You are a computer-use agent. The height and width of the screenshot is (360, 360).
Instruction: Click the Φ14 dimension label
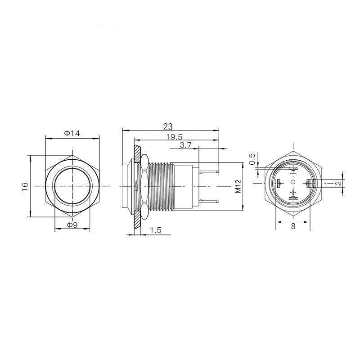point(72,133)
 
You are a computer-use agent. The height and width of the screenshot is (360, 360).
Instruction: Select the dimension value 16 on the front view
point(25,185)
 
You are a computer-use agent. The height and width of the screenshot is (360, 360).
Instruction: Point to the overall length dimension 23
point(168,126)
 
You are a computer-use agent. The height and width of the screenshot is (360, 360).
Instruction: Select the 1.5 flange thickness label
point(155,230)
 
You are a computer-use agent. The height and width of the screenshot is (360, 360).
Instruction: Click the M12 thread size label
point(239,186)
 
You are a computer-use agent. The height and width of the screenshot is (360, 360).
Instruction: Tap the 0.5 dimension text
point(252,159)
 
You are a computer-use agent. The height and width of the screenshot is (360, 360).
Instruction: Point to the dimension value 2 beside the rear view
point(338,183)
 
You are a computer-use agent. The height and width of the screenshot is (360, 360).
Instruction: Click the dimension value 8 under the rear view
point(293,226)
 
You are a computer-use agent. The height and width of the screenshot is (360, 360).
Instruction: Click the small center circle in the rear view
point(293,182)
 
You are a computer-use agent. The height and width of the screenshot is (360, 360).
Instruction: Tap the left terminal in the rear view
point(278,183)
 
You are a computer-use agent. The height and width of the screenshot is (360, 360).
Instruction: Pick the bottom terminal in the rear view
point(293,196)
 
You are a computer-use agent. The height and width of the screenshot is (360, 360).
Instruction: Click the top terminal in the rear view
point(293,170)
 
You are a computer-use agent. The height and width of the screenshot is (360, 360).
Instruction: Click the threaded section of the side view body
point(161,185)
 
